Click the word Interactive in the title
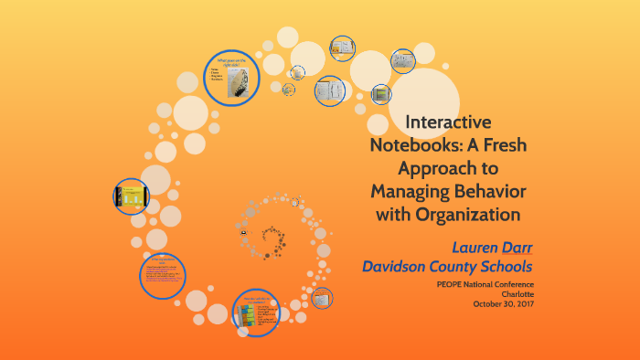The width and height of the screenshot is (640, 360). tap(448, 122)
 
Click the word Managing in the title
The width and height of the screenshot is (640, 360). tap(412, 192)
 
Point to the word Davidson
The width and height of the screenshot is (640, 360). tap(396, 267)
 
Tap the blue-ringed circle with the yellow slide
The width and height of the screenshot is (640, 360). tap(132, 196)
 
